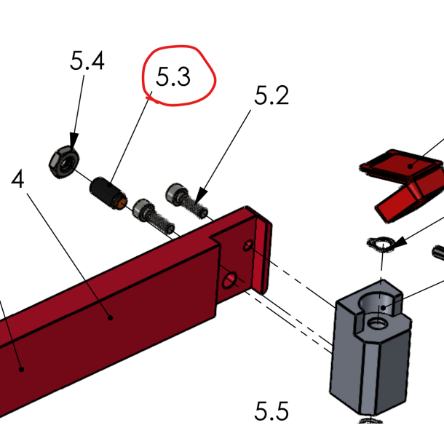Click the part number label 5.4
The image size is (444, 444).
coord(87,61)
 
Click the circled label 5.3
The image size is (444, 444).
coord(173,77)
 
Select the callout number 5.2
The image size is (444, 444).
coord(271,95)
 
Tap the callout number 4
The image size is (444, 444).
coord(18,180)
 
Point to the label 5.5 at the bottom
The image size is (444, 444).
coord(271,412)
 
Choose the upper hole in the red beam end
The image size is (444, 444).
coord(248,246)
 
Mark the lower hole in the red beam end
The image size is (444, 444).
coord(230,280)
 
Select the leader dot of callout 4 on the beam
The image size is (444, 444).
coord(110,317)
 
